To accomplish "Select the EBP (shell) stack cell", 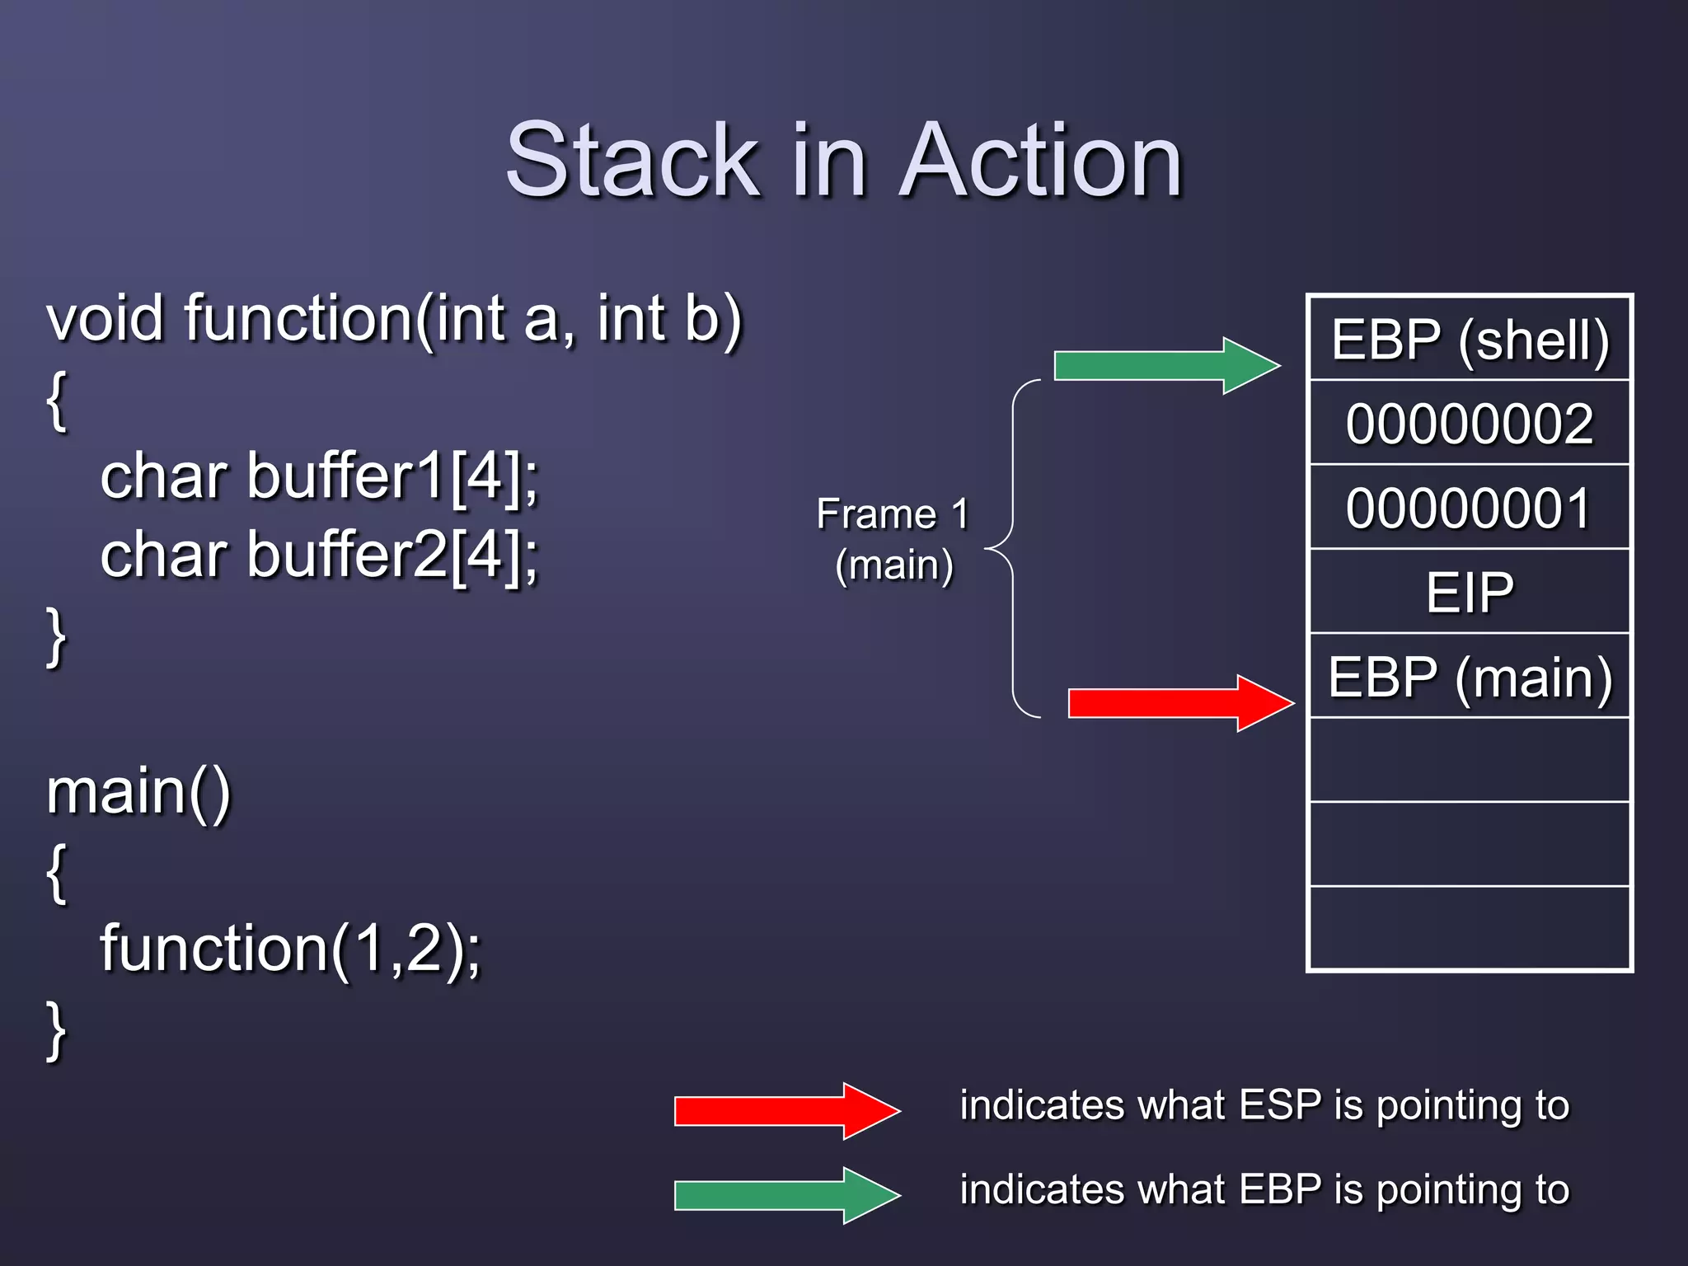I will click(1470, 340).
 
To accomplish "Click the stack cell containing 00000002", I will click(1470, 424).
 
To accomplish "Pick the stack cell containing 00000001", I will click(1470, 508).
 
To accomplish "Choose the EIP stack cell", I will click(1470, 592).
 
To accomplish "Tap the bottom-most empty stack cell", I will click(1470, 928).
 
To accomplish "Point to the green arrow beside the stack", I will click(1165, 365).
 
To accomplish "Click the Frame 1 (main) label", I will click(893, 539).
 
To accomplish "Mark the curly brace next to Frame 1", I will click(1013, 548).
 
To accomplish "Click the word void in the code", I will click(105, 318).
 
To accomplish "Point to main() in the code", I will click(138, 792).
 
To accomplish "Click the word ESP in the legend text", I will click(1280, 1104).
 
